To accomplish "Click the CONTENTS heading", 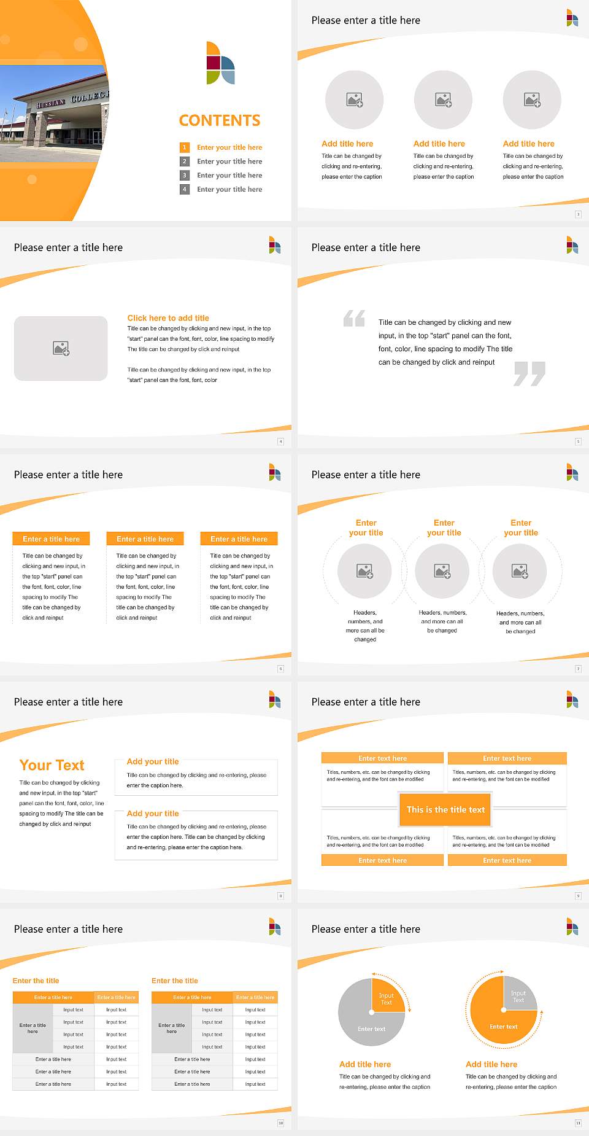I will (x=220, y=120).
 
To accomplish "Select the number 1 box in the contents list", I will (x=184, y=147).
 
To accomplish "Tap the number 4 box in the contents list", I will (x=184, y=189).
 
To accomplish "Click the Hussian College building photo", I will (x=54, y=114).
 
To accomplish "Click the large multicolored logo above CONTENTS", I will (x=220, y=63).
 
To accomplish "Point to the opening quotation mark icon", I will (x=354, y=318).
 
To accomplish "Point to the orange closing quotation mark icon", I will (x=529, y=373).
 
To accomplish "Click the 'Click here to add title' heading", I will (x=168, y=318).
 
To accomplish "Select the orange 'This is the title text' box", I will (x=445, y=809).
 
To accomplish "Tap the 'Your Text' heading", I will (x=52, y=765).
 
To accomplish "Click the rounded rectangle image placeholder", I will (x=61, y=348).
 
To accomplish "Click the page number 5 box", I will (x=578, y=442).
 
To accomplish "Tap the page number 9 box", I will (x=578, y=896).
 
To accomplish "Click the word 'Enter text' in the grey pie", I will (x=372, y=1029).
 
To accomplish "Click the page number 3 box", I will (x=578, y=214).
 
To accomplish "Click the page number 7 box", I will (x=578, y=669).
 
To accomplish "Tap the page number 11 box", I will (x=578, y=1123).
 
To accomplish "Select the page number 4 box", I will (x=281, y=442).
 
